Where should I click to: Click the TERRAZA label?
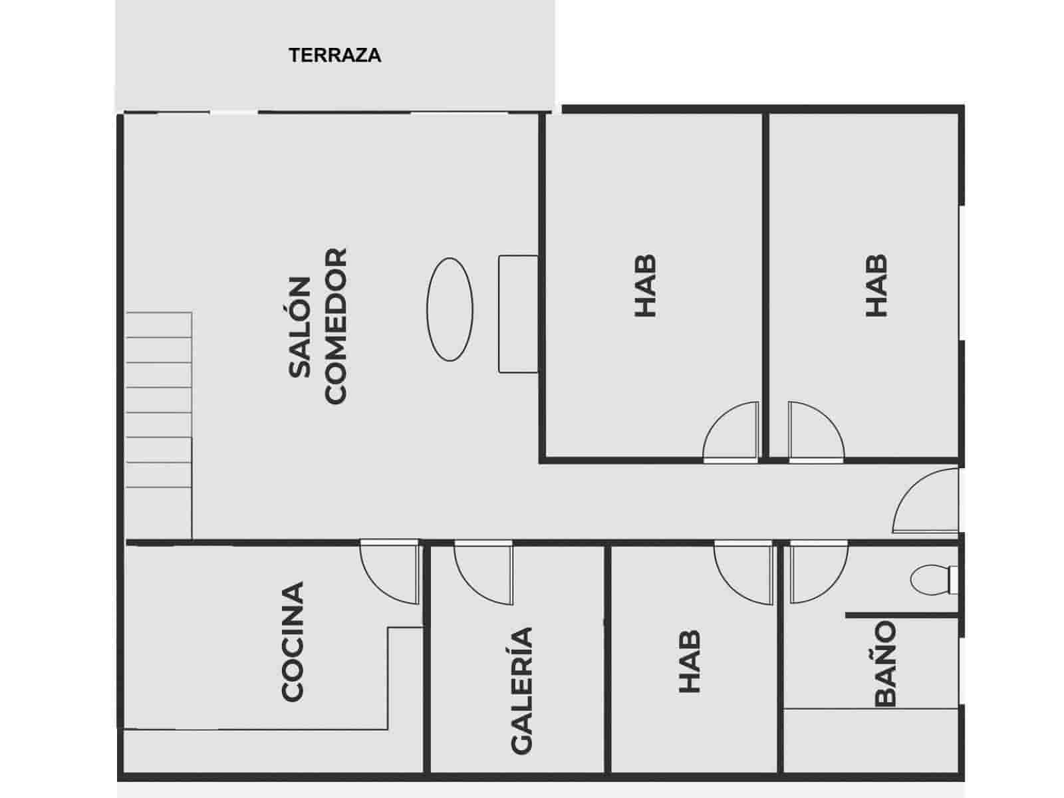[334, 55]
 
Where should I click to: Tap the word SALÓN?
[300, 327]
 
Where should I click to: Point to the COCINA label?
[293, 642]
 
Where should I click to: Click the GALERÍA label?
[522, 690]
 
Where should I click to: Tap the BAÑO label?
[885, 663]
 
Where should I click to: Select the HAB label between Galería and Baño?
[689, 662]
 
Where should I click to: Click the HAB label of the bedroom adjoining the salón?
[645, 285]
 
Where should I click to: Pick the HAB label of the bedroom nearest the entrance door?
[876, 285]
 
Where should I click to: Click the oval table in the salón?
[450, 309]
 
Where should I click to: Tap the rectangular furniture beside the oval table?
[518, 313]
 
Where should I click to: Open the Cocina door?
[389, 572]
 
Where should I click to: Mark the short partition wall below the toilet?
[901, 615]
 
